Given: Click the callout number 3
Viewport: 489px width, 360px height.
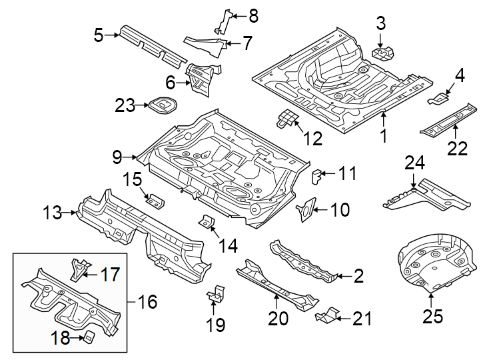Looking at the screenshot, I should [380, 24].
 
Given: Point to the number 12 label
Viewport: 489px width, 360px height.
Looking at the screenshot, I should [312, 138].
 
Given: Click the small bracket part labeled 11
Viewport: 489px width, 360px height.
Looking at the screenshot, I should [317, 176].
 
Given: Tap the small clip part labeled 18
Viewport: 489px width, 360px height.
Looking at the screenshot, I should [87, 337].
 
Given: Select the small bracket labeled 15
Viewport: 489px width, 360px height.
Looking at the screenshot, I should [155, 200].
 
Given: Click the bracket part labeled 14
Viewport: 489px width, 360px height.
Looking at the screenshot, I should [207, 221].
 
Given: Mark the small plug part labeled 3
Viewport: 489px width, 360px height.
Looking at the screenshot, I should [383, 52].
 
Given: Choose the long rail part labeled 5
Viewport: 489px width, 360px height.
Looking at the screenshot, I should [151, 45].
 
